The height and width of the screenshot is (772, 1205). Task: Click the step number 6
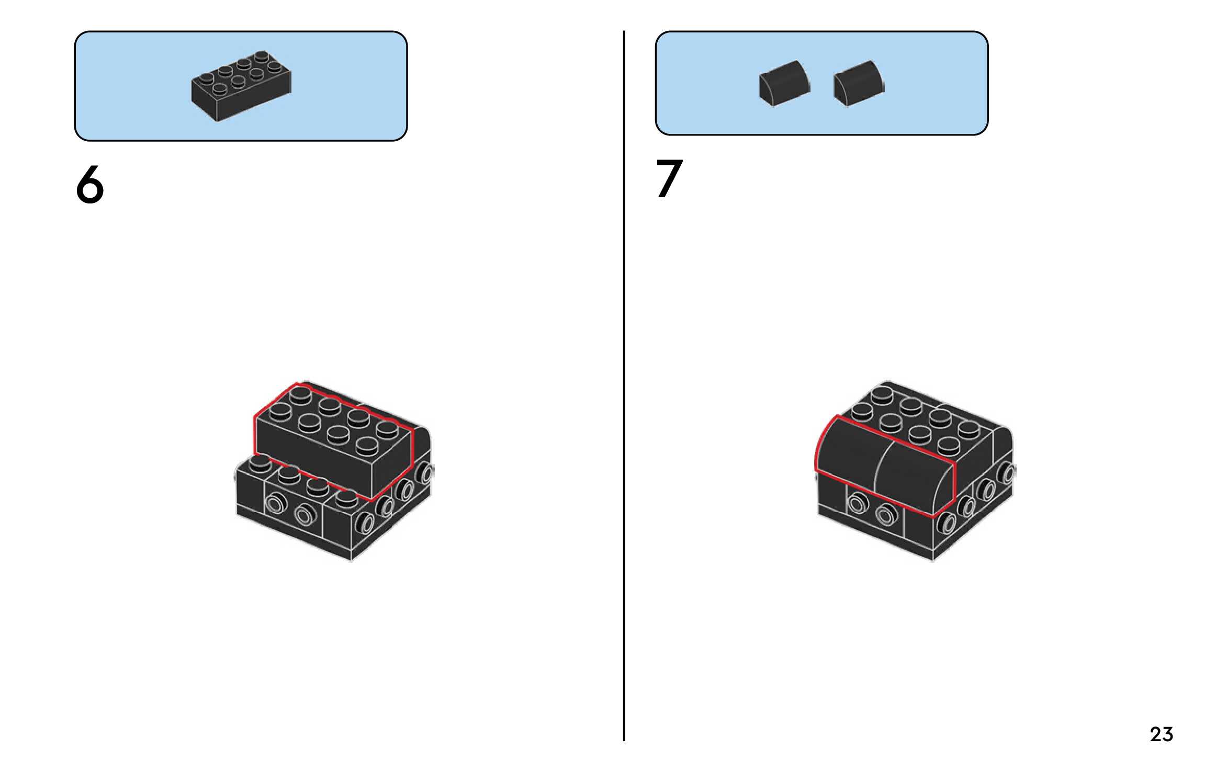90,185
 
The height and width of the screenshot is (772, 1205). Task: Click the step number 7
669,179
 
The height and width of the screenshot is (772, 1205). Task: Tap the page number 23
1161,734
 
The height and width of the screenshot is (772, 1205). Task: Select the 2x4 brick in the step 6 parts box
241,87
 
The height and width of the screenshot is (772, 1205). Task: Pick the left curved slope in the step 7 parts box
784,84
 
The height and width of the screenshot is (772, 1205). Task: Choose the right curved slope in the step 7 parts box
858,84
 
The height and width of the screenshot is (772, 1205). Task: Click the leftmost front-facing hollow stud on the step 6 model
275,505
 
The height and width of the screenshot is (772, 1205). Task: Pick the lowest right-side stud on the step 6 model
365,523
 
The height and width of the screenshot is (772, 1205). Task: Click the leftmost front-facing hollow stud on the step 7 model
857,505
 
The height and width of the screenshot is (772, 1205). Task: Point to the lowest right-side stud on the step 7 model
946,523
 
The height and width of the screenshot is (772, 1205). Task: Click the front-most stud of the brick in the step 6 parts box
220,89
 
